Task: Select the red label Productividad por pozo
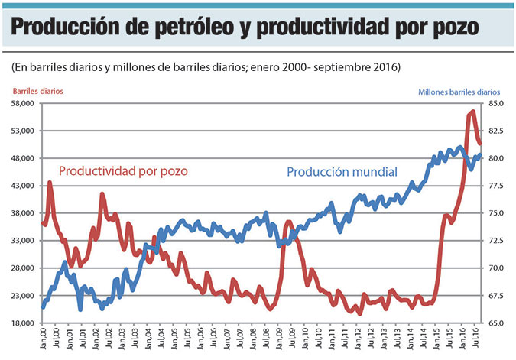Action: click(122, 170)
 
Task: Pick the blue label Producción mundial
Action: click(342, 172)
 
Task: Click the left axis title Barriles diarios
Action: click(37, 91)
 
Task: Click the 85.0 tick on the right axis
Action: click(496, 103)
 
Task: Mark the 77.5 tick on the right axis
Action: click(496, 186)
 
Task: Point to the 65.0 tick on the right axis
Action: click(496, 323)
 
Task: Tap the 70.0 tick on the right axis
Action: click(496, 268)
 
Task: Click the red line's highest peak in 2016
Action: click(472, 112)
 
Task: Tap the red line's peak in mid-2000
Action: click(50, 182)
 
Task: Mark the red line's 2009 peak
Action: click(288, 222)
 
